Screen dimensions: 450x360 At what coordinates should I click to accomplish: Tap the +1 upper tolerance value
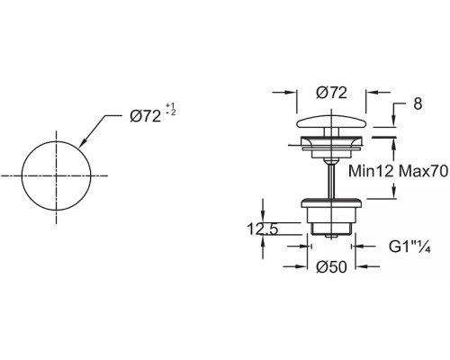pos(170,106)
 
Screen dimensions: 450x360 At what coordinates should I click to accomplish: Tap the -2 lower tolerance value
pos(171,112)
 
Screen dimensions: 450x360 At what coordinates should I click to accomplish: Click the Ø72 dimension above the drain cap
pos(331,93)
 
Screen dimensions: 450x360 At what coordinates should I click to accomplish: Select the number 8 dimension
pos(418,103)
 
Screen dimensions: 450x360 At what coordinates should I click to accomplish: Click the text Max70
pos(424,171)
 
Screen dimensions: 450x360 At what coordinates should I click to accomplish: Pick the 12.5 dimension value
pos(263,229)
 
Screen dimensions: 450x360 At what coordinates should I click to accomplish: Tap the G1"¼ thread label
pos(410,247)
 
